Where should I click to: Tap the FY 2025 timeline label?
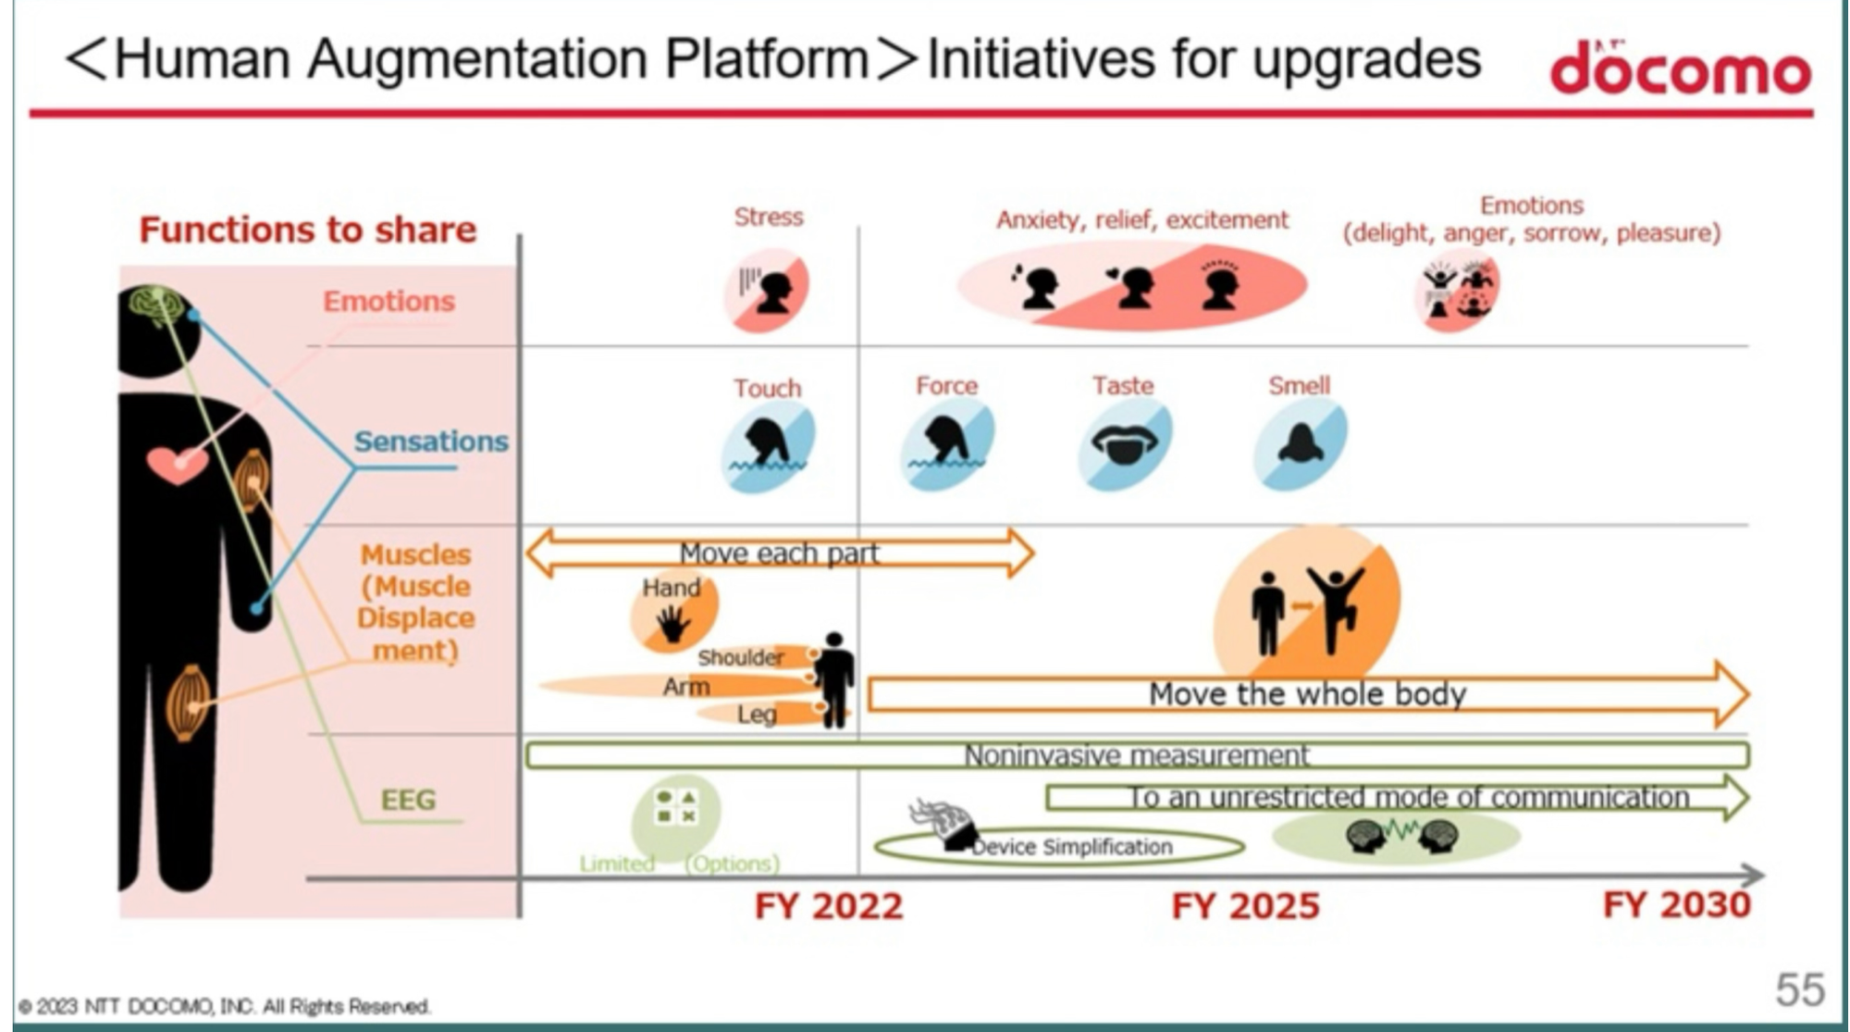[1245, 906]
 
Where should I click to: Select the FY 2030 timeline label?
[1676, 904]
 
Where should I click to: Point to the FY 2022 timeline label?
[829, 906]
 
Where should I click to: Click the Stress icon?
[766, 292]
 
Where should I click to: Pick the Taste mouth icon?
[1124, 444]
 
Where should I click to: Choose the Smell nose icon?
[1300, 444]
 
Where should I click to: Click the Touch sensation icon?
[768, 446]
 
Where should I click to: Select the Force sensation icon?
[946, 444]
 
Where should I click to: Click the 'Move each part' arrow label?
[779, 553]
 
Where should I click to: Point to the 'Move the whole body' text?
[1307, 694]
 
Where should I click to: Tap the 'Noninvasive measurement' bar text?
[1137, 755]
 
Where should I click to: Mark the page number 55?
[1800, 989]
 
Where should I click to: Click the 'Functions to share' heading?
[307, 230]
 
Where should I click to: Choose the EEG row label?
[408, 799]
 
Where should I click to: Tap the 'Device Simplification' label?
[1072, 847]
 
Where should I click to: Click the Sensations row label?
[431, 441]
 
